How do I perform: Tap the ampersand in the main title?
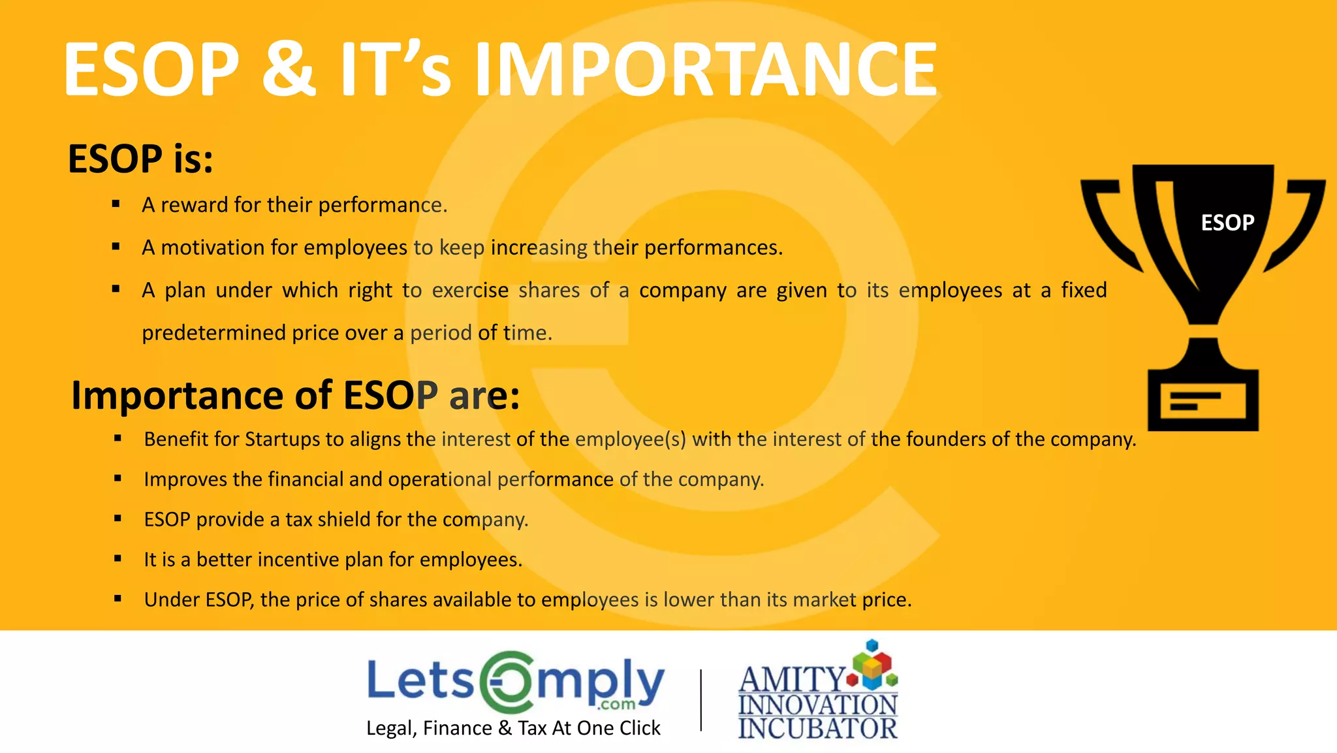289,69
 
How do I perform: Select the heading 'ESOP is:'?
140,159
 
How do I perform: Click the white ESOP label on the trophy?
1227,223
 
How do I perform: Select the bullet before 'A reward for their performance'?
116,204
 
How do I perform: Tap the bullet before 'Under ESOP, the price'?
118,599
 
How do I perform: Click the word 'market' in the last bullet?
825,600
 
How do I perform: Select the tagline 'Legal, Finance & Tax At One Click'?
513,728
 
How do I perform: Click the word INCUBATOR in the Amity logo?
817,728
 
